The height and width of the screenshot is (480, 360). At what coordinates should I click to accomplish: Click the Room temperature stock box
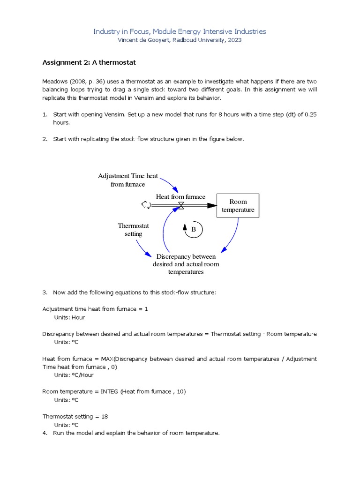238,206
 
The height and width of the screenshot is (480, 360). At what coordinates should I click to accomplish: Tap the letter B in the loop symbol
194,230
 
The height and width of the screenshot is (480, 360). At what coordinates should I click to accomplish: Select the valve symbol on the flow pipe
181,205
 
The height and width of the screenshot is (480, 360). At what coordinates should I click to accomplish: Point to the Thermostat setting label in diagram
133,230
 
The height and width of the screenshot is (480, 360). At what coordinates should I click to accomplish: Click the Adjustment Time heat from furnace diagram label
128,180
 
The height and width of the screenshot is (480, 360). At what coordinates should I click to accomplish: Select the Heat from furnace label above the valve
180,197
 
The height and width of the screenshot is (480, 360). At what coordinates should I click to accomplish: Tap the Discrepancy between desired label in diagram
186,264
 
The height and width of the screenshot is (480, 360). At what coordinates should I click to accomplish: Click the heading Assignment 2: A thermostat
89,62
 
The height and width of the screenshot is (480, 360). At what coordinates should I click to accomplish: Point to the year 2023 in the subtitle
234,40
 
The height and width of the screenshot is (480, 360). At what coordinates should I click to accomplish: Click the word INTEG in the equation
110,391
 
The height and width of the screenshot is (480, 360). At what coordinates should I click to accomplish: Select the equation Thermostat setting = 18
75,416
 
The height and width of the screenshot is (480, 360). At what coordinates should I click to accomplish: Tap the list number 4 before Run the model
45,433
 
